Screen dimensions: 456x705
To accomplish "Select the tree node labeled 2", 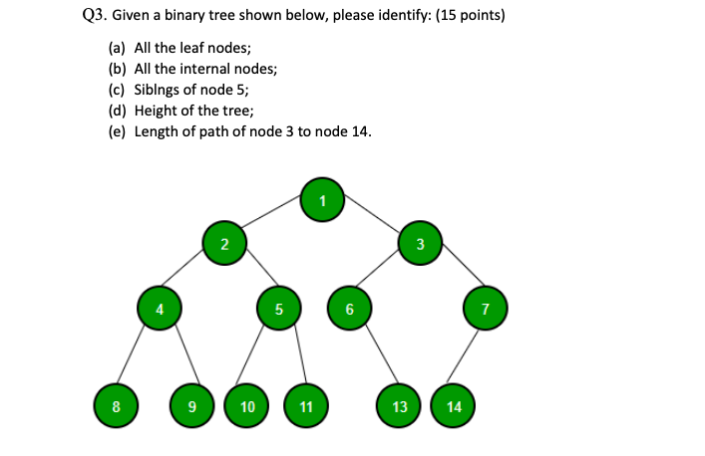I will tap(224, 244).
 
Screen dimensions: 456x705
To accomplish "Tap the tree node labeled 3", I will tap(421, 244).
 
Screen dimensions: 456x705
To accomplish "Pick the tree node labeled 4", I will tap(158, 309).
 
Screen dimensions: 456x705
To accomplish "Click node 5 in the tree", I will tap(278, 309).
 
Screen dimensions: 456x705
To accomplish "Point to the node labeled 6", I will tap(349, 309).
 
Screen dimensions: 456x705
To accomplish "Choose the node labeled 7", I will tap(486, 309).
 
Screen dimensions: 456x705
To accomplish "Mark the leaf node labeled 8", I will tap(115, 406).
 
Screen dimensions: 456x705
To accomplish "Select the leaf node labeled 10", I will tap(247, 406).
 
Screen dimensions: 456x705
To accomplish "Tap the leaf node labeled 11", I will tap(305, 406).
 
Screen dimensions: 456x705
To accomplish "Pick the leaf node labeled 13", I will tap(399, 406).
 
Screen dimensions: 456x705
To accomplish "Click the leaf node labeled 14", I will tap(454, 406).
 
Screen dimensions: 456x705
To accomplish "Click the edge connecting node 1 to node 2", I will tap(273, 222).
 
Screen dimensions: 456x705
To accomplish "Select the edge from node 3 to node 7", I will tap(454, 276).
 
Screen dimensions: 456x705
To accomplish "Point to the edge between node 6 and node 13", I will tap(375, 358).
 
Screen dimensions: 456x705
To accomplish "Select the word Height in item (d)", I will tap(156, 111).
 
